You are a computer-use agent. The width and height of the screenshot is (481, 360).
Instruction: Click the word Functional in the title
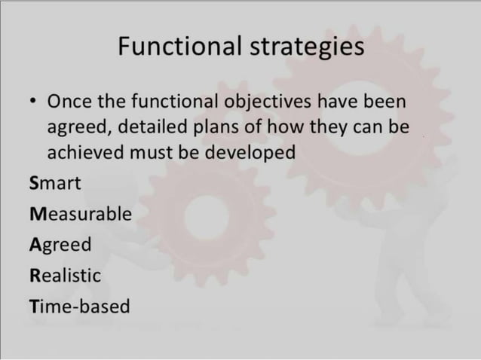[179, 47]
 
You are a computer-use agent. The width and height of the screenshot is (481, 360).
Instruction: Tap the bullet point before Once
[33, 101]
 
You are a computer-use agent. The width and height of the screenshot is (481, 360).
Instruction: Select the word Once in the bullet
[71, 100]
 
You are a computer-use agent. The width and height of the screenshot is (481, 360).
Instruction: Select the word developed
[247, 153]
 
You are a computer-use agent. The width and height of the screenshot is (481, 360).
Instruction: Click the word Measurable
[81, 214]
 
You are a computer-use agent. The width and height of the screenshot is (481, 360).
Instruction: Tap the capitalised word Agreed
[60, 246]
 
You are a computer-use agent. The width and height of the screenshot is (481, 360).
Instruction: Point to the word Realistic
[65, 276]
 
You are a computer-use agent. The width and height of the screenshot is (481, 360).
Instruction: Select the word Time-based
[79, 307]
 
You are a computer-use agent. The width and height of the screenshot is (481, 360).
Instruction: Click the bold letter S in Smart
[35, 183]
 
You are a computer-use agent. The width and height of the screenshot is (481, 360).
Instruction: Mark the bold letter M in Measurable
[38, 214]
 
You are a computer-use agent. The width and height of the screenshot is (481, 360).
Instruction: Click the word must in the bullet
[155, 152]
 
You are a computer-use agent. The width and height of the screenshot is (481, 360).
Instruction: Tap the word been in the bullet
[388, 101]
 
